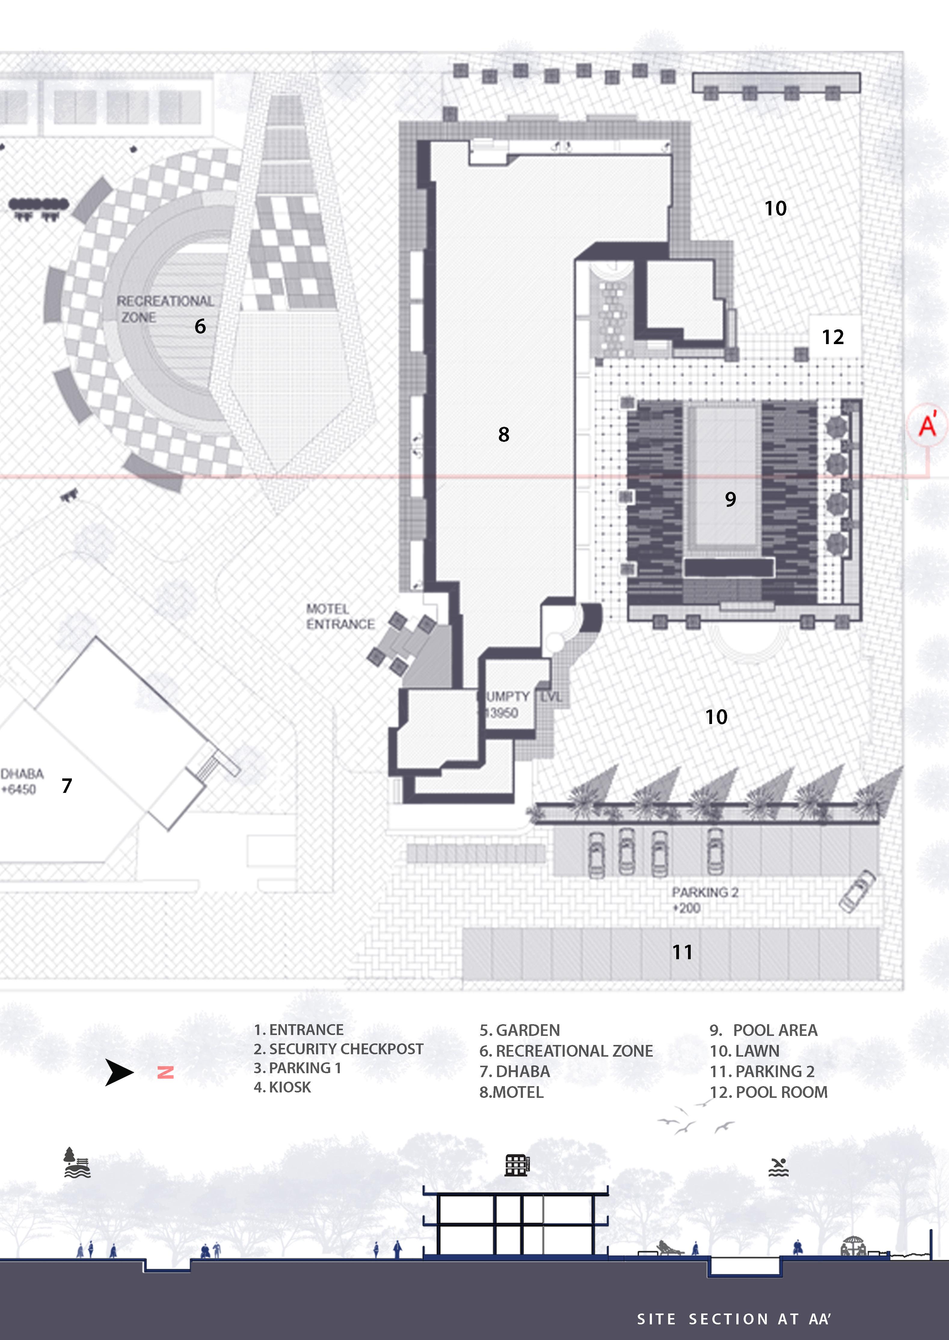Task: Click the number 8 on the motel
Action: tap(504, 434)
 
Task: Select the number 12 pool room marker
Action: tap(833, 337)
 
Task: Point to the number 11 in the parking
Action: tap(682, 952)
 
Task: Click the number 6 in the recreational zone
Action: tap(200, 326)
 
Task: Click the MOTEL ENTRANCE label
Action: tap(340, 617)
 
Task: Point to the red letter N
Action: tap(165, 1072)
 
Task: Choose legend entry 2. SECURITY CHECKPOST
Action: tap(338, 1049)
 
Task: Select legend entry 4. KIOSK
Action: tap(282, 1087)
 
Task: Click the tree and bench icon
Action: tap(77, 1163)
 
